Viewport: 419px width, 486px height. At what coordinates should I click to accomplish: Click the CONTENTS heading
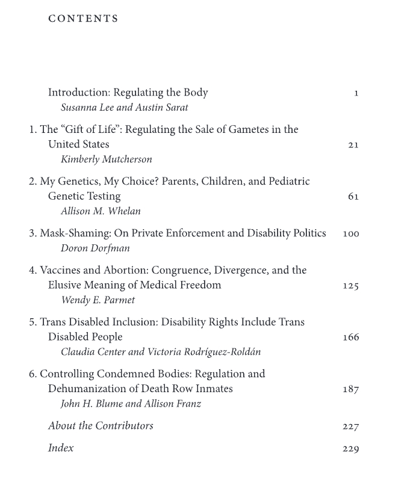pos(83,19)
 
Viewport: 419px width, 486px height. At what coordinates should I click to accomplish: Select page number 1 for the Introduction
pos(356,93)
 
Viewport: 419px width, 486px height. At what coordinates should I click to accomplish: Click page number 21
pos(353,145)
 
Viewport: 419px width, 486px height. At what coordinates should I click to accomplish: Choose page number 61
pos(353,197)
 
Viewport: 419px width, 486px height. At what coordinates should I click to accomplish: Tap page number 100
pos(350,233)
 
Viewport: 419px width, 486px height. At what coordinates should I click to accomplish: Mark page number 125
pos(350,286)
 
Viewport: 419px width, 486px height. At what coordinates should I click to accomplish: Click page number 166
pos(350,337)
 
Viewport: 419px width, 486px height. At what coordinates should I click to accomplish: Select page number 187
pos(350,389)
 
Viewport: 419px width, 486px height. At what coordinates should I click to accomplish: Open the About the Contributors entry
pos(101,426)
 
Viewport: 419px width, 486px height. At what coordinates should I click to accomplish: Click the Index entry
pos(61,448)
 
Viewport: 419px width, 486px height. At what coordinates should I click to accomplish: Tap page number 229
pos(350,449)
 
